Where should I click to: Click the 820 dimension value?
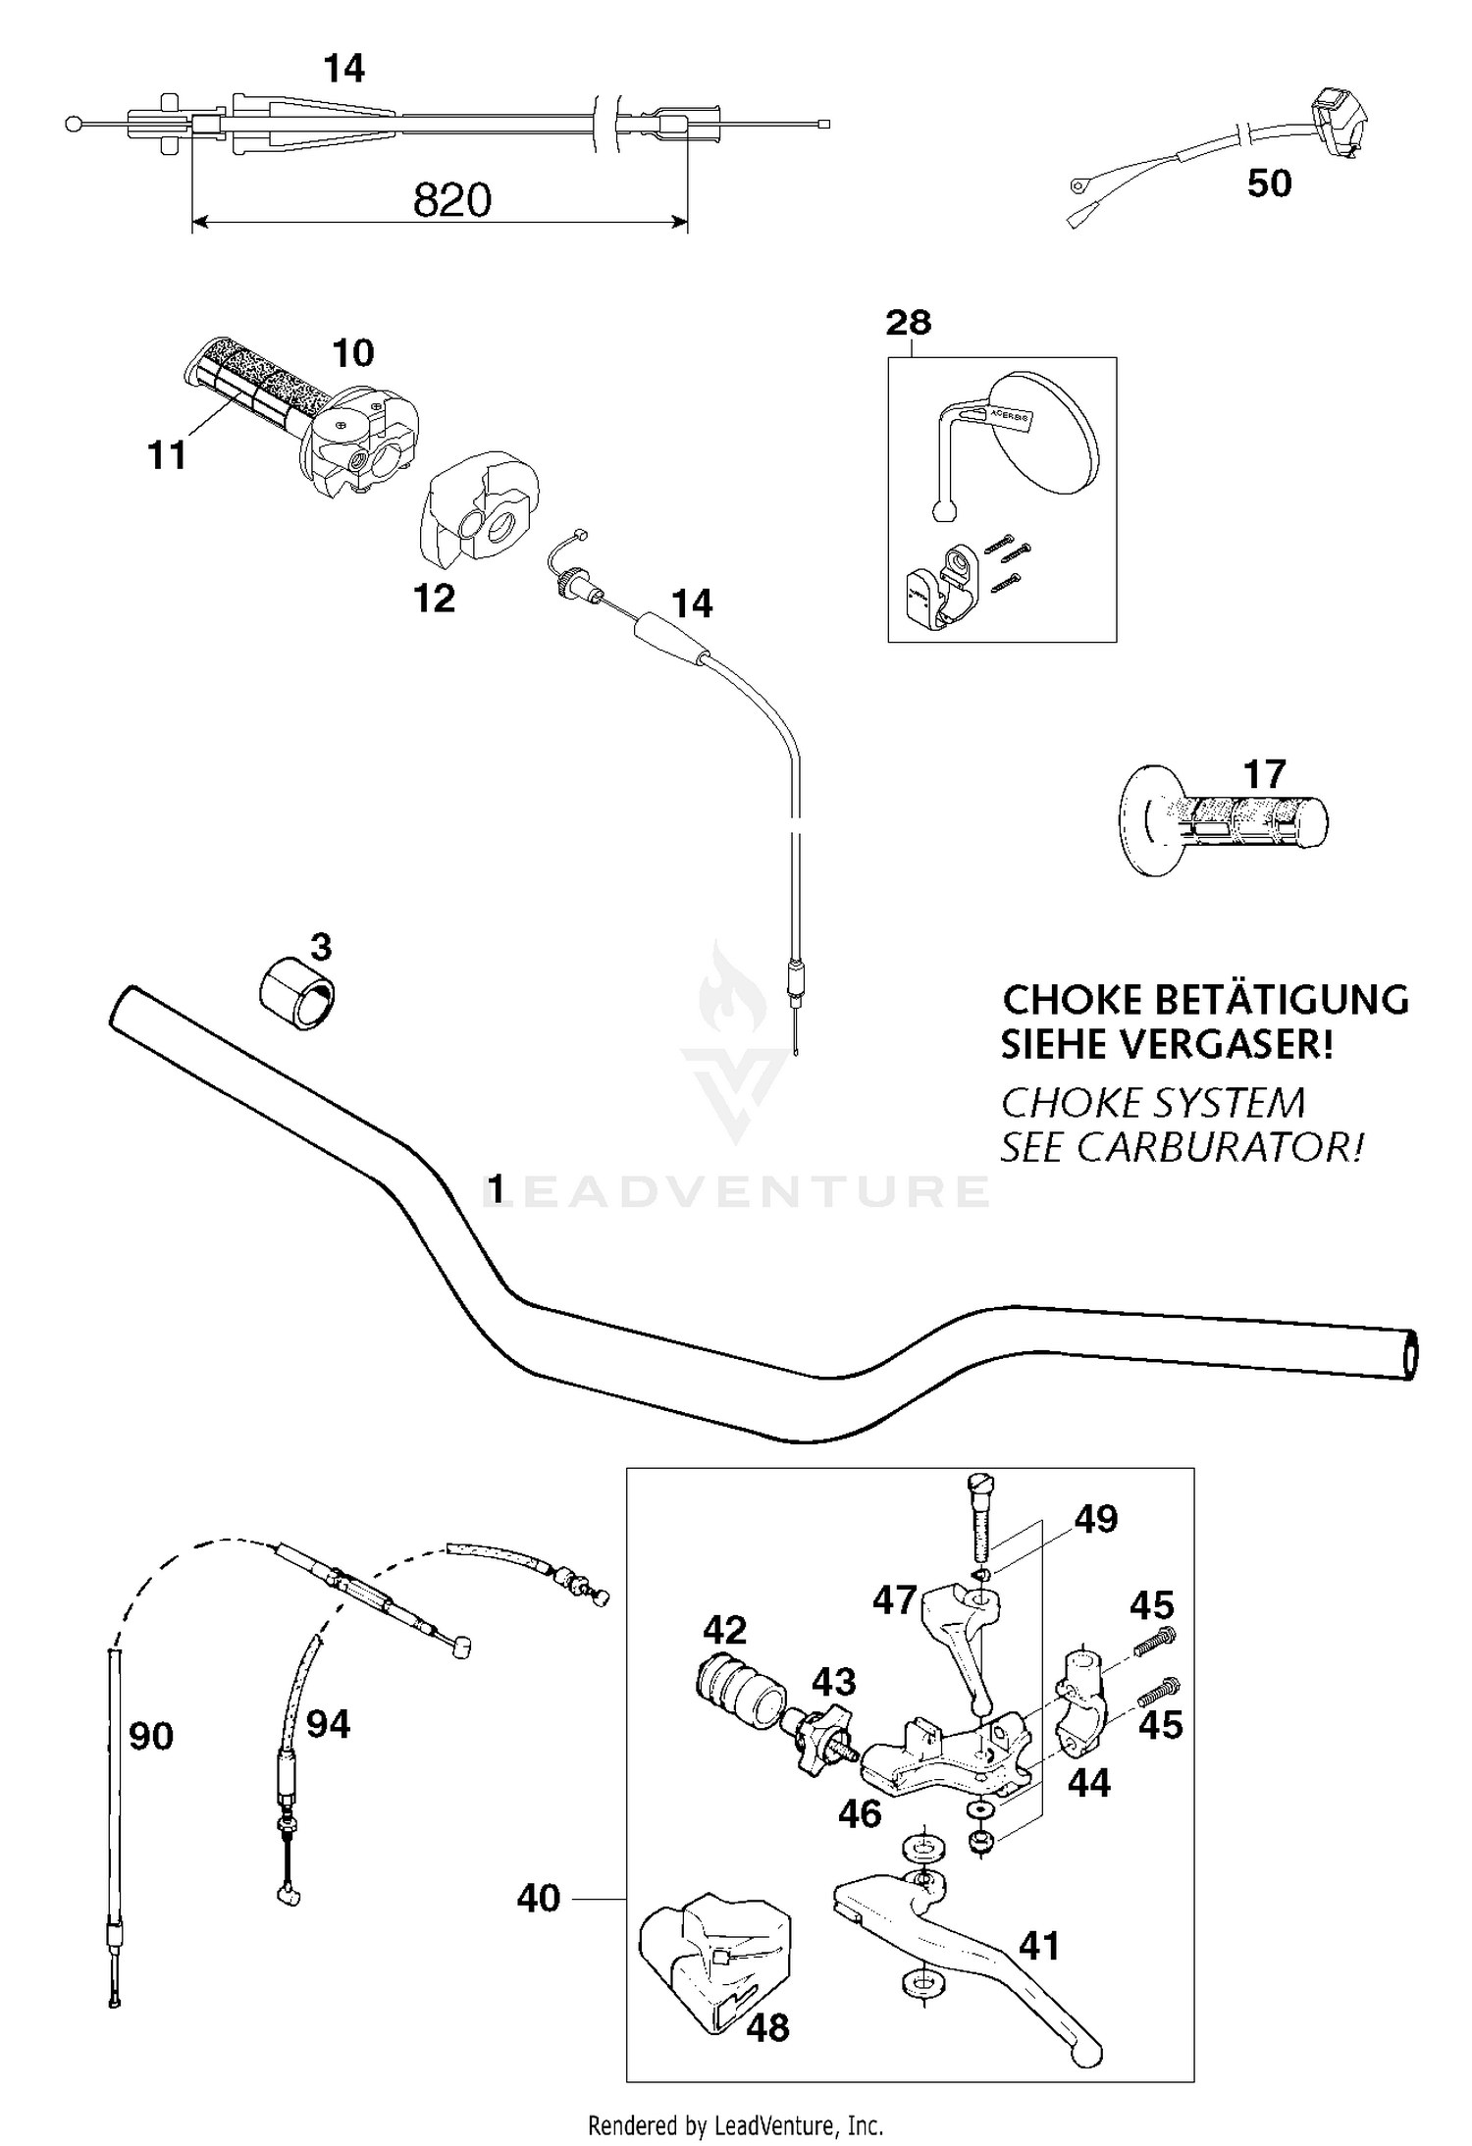[451, 201]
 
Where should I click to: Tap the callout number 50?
[1269, 183]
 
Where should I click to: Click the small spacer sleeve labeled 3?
[297, 994]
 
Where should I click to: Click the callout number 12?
[435, 599]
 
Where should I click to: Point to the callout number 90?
[151, 1736]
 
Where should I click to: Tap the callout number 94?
[328, 1724]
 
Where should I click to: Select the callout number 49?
[1096, 1518]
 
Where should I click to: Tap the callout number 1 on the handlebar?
[497, 1189]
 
